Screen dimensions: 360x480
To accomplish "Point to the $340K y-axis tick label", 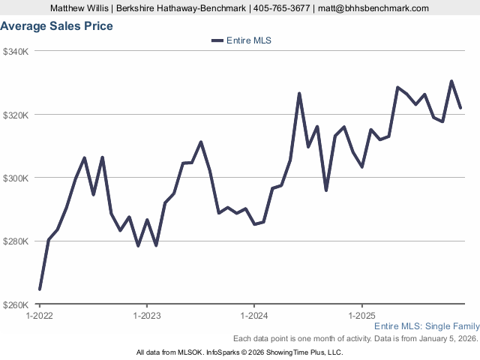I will [x=16, y=52].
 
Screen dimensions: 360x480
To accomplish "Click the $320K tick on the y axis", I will [x=16, y=115].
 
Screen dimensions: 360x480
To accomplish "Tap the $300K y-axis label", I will [x=16, y=178].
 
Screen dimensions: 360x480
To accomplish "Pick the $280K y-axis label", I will [x=16, y=241].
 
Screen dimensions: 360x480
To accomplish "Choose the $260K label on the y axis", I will [x=16, y=305].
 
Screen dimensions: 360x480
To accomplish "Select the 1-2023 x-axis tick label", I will [x=146, y=316].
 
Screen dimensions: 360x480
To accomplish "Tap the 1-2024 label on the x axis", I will [x=254, y=316].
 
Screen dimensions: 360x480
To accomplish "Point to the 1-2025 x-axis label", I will [x=362, y=316].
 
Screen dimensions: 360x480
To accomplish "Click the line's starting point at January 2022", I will [x=40, y=289].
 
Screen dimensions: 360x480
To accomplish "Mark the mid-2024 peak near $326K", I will [x=299, y=94].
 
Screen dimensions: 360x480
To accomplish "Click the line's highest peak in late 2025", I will [x=451, y=81].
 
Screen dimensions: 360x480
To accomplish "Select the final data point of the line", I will [x=460, y=108].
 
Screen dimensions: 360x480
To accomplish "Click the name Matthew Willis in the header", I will [x=79, y=8].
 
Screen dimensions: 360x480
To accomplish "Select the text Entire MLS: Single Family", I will [x=426, y=327].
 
